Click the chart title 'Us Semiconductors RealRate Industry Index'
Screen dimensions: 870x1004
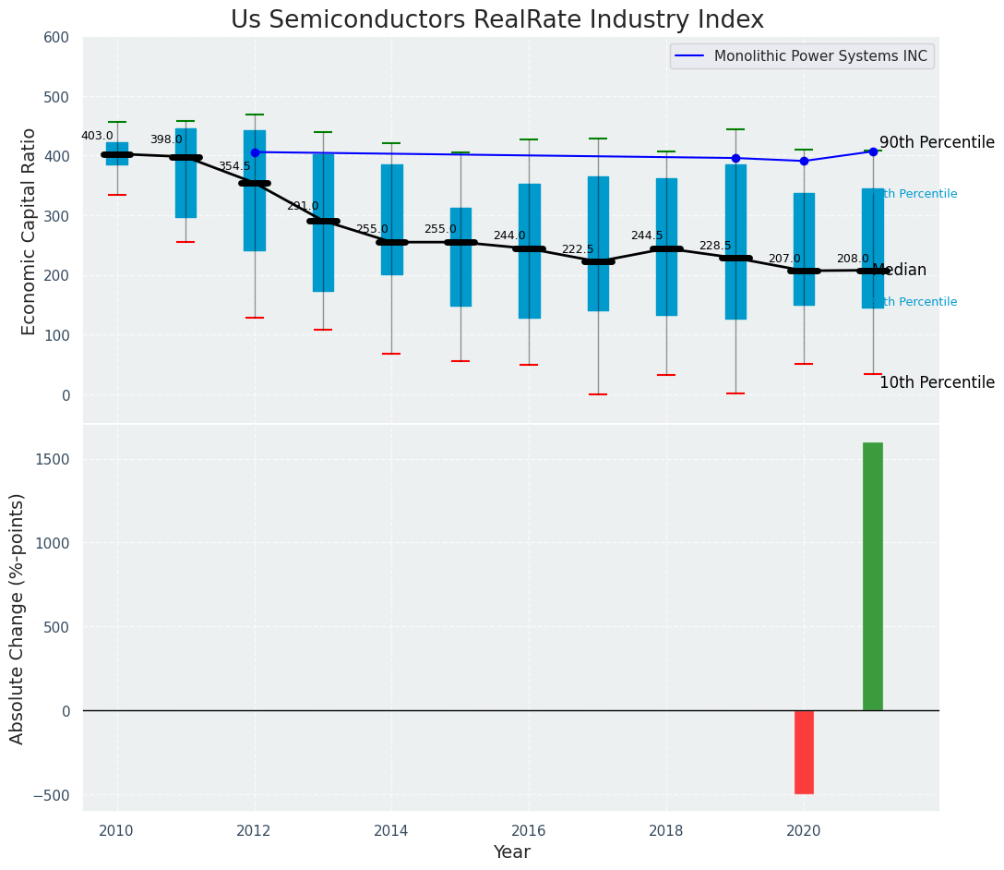496,20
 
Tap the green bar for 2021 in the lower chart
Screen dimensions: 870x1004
872,576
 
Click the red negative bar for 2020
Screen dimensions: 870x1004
804,752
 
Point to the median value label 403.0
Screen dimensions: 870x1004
97,136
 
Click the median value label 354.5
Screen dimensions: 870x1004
234,166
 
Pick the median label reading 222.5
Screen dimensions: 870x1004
578,249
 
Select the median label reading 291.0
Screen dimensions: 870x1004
303,206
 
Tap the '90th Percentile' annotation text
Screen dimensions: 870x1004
937,143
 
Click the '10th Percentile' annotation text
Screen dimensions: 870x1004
937,382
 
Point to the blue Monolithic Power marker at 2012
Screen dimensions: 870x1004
255,152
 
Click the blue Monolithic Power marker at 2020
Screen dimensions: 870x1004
804,161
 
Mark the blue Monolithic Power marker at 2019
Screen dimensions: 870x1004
735,158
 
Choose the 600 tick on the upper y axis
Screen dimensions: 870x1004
56,37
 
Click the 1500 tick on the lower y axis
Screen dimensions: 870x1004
53,460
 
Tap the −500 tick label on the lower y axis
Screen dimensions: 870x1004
53,795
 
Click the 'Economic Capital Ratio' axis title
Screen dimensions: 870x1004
30,231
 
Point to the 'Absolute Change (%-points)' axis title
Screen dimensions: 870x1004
18,618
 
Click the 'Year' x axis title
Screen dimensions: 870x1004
511,852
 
